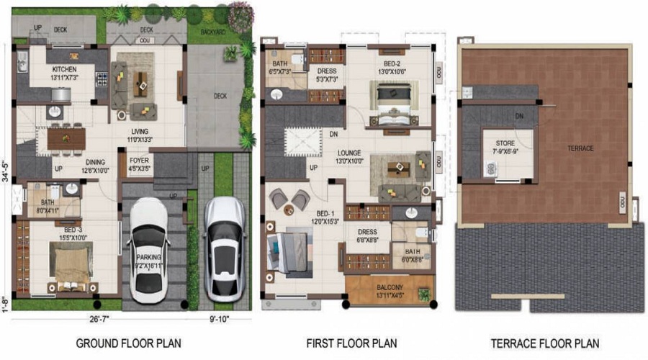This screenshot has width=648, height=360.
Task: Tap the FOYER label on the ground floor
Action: click(x=139, y=161)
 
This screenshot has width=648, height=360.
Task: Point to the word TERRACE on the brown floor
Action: click(x=580, y=148)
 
